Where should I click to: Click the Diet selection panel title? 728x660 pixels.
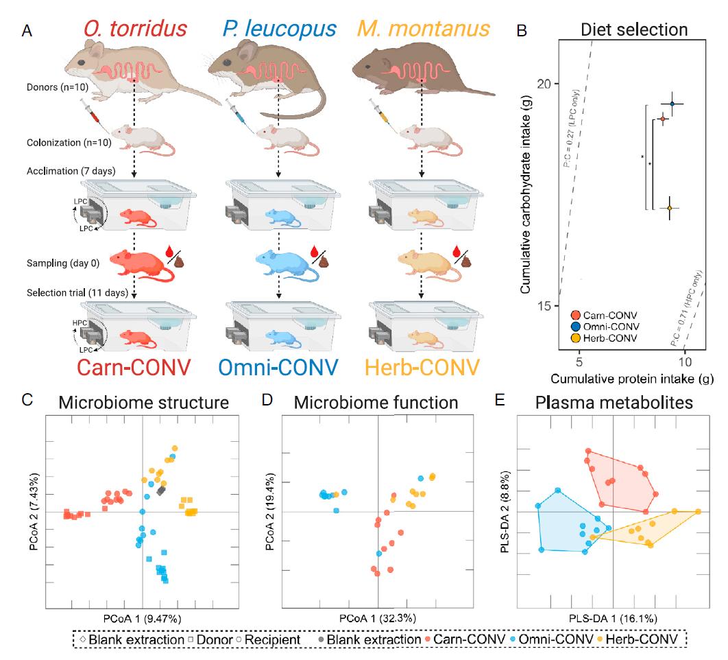(x=633, y=30)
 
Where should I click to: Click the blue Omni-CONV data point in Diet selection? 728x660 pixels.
(x=672, y=104)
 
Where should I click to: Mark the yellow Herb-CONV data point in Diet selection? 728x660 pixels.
(x=669, y=207)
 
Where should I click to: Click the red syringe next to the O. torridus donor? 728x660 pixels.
(x=91, y=109)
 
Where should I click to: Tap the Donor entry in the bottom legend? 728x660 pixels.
(x=209, y=639)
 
